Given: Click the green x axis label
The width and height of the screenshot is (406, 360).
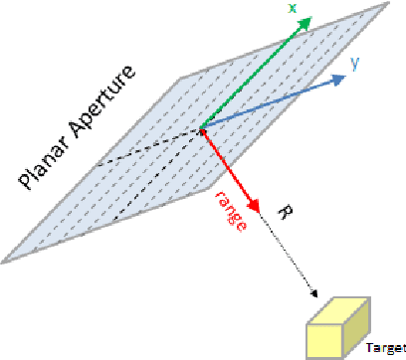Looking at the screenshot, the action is (x=293, y=8).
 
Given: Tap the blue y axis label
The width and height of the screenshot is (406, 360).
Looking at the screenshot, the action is (x=354, y=63).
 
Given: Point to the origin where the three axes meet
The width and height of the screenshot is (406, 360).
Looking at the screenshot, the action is (x=201, y=127).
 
